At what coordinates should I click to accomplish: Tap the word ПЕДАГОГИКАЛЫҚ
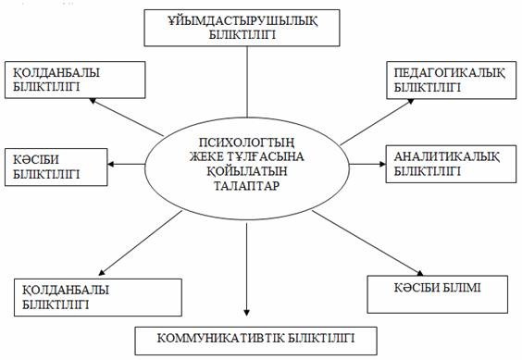click(439, 72)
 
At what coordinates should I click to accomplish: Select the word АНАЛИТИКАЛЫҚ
click(436, 155)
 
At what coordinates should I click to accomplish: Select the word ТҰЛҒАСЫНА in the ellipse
click(266, 155)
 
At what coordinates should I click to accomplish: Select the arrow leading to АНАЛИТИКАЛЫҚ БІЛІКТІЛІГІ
click(366, 164)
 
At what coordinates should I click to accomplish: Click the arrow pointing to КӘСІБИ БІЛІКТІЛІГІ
click(130, 164)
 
